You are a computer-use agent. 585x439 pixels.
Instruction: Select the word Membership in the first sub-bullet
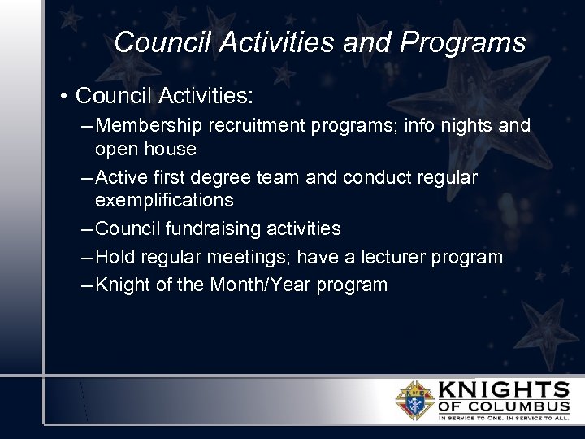coord(149,126)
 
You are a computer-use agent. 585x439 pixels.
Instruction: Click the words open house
coord(145,149)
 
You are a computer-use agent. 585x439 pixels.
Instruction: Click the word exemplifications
coord(164,200)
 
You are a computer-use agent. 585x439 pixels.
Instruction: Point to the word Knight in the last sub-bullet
coord(122,285)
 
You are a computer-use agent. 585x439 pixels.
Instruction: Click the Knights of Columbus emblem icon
coord(414,401)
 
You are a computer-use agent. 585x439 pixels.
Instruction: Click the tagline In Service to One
coord(471,419)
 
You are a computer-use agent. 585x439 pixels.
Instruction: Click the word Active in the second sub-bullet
coord(120,177)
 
